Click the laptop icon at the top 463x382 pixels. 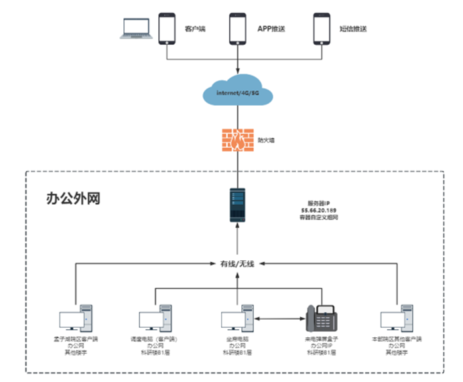133,27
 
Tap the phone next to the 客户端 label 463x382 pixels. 166,28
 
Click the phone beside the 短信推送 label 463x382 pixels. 322,28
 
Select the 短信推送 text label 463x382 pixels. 353,29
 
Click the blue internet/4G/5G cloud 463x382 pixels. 239,92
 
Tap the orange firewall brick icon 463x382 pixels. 239,141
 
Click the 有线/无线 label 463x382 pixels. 238,264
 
